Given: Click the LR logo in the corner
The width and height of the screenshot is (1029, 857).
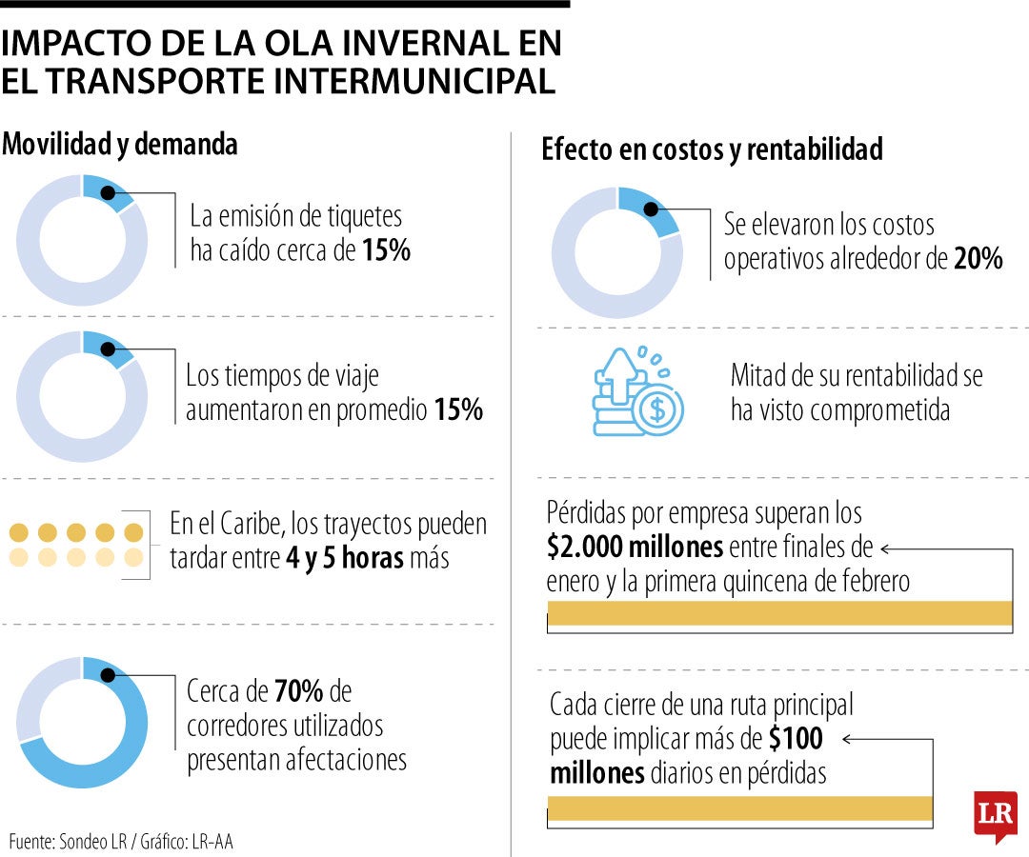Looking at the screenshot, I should point(995,815).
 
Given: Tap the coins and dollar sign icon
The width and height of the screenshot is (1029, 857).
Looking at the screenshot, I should point(637,391).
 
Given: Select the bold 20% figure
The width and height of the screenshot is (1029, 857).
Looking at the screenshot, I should point(978,259).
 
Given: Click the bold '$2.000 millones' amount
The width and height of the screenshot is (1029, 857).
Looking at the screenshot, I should point(636,548).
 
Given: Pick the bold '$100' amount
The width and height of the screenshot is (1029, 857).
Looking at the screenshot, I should point(795,739).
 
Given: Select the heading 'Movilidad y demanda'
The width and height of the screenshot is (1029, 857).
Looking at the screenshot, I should point(119,145).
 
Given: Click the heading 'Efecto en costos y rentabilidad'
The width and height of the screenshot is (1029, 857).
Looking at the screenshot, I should point(712,149).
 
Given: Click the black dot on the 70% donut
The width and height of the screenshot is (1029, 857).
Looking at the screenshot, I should point(108,674).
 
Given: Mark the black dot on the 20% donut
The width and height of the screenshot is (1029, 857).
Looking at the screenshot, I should point(656,209).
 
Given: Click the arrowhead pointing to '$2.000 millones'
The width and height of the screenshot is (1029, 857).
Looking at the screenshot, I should point(884,548).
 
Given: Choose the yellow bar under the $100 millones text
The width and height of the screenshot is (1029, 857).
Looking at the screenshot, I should point(740,808).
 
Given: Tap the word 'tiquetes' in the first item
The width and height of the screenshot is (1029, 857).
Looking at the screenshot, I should point(359,217).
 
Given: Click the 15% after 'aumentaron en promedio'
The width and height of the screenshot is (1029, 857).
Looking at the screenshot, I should point(457,410).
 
